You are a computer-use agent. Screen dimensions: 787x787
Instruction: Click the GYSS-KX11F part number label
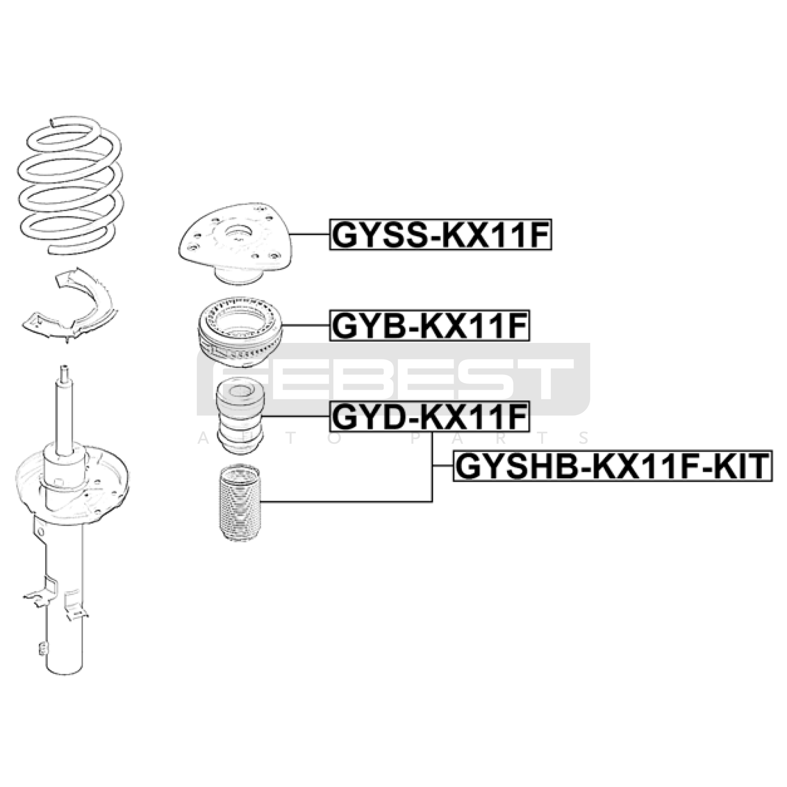click(x=441, y=235)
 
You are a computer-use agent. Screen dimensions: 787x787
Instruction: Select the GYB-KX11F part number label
click(x=429, y=325)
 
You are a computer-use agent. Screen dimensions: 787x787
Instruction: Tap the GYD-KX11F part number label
click(x=429, y=416)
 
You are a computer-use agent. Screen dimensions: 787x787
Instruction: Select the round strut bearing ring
click(x=240, y=332)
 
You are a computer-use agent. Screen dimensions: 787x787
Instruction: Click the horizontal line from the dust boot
click(x=346, y=502)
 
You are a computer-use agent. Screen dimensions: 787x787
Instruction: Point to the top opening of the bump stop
click(x=240, y=392)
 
